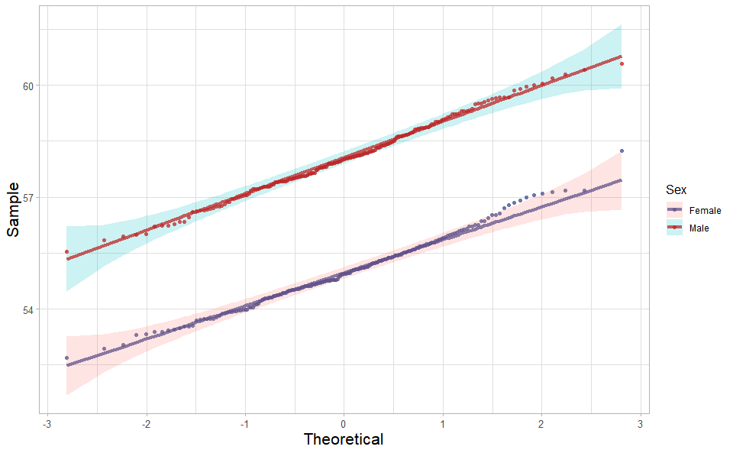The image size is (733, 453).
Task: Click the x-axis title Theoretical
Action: (x=343, y=439)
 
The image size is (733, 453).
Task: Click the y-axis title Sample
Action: (x=13, y=209)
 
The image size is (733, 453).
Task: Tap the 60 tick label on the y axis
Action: (x=28, y=86)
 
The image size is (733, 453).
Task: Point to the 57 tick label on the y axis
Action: (x=28, y=197)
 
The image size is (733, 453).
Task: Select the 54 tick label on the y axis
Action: (x=28, y=309)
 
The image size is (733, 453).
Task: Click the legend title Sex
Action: (x=676, y=189)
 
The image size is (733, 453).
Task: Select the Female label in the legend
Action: (x=705, y=210)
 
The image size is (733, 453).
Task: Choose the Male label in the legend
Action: (x=699, y=228)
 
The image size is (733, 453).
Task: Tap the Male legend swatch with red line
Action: (x=674, y=228)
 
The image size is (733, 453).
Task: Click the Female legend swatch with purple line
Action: (x=674, y=210)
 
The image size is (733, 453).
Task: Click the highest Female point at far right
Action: (x=622, y=151)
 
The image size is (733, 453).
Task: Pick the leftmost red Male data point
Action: (x=66, y=251)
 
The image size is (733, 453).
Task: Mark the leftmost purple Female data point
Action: (x=66, y=358)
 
